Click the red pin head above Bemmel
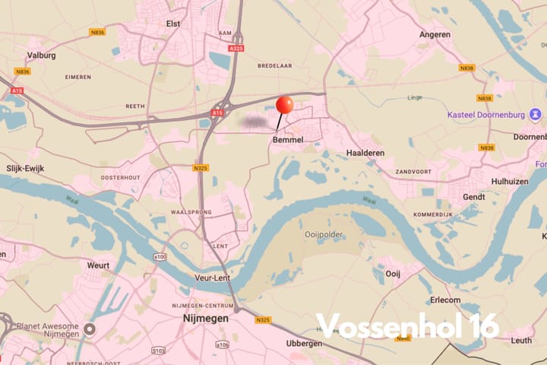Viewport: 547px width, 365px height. point(285,105)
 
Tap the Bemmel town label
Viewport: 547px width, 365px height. point(288,140)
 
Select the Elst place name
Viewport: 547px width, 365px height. point(174,24)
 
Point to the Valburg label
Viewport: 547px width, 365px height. point(43,56)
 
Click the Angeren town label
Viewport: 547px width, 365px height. point(435,34)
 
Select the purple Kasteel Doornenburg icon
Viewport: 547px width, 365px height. point(536,115)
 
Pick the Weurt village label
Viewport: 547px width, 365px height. point(99,265)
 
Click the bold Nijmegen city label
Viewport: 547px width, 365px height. point(206,319)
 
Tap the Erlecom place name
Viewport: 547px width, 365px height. point(446,300)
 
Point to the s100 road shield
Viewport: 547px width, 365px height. point(160,258)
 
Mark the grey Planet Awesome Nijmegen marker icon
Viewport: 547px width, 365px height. point(90,329)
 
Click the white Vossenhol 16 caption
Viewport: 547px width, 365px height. point(408,325)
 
